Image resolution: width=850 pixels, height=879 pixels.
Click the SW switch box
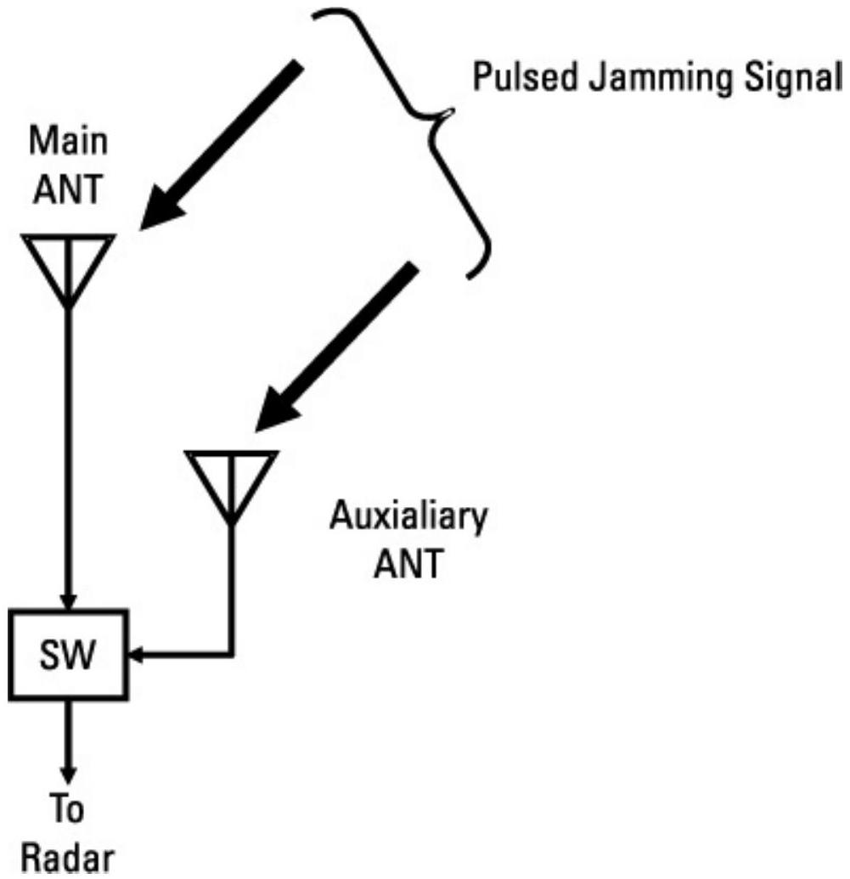(69, 654)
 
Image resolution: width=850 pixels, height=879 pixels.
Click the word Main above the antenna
(70, 142)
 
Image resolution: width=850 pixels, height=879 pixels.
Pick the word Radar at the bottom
(68, 858)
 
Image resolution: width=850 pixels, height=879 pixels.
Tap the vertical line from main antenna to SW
(69, 442)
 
